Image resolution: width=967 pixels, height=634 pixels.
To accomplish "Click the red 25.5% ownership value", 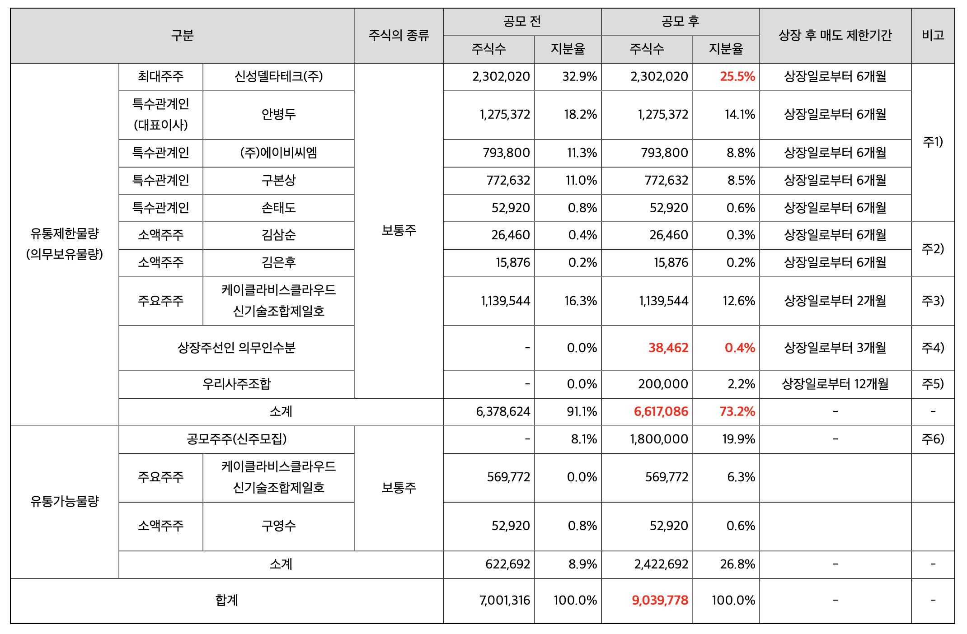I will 737,77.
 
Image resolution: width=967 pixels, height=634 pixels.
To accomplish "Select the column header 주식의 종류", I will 399,35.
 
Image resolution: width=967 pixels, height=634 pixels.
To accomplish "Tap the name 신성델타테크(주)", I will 278,77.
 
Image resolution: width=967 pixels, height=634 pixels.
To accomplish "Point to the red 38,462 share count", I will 668,348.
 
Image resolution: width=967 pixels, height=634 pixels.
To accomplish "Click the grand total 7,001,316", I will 504,600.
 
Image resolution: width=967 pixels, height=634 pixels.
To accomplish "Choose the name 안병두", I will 278,115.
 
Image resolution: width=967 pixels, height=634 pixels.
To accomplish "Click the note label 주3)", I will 933,301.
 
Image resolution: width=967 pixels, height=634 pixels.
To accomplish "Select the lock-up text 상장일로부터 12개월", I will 835,384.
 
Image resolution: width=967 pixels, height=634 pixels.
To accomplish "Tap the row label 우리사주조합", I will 236,384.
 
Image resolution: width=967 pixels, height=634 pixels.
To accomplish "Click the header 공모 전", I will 522,21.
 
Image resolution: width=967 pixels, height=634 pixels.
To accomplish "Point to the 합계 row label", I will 226,600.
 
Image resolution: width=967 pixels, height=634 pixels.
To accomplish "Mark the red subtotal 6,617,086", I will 661,411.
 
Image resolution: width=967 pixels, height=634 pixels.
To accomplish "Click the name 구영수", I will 278,526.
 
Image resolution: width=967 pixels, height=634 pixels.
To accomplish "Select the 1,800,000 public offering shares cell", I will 659,439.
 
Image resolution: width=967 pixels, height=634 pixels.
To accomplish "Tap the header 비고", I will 933,35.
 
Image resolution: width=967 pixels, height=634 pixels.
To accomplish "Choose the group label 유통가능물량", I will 64,501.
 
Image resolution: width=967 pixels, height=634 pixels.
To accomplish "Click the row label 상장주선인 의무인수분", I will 236,348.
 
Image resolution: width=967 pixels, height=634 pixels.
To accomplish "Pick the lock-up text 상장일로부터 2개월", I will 835,301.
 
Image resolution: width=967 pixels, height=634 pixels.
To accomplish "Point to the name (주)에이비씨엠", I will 278,153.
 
